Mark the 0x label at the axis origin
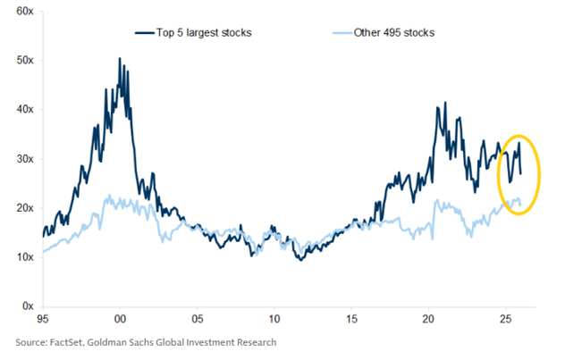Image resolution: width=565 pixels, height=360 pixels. click(x=27, y=306)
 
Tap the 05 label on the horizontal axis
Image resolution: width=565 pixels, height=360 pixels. click(x=198, y=319)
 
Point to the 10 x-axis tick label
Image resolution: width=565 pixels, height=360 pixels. click(x=274, y=319)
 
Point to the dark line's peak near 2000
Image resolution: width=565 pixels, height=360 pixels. click(x=120, y=59)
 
